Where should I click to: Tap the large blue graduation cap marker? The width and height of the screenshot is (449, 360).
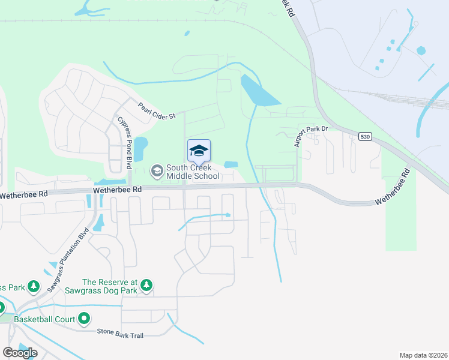(199, 151)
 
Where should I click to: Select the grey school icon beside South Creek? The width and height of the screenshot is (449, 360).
(157, 172)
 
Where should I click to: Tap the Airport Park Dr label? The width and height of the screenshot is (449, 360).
(312, 136)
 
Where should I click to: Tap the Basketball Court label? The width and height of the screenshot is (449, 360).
(44, 319)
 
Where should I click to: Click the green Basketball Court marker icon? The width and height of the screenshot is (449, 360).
(85, 319)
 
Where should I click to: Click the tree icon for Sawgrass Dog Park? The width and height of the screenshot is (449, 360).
(146, 286)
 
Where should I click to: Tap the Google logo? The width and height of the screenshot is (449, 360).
(20, 353)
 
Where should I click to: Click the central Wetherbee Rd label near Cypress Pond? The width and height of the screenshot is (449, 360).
(117, 190)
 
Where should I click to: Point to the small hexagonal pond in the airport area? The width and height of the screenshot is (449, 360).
(420, 51)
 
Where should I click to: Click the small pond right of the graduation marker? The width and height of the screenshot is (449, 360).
(231, 164)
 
